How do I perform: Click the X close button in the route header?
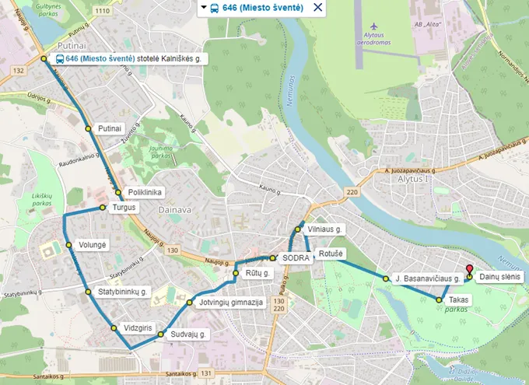[317, 8]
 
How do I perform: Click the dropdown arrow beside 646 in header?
[204, 8]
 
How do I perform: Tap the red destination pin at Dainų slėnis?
[469, 268]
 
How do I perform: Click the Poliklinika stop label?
[145, 192]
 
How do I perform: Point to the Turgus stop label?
[124, 208]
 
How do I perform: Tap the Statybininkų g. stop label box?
[123, 292]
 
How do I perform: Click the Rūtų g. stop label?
[257, 274]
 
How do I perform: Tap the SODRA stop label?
[296, 257]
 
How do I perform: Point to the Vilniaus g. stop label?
[325, 229]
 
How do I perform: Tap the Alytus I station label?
[412, 178]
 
